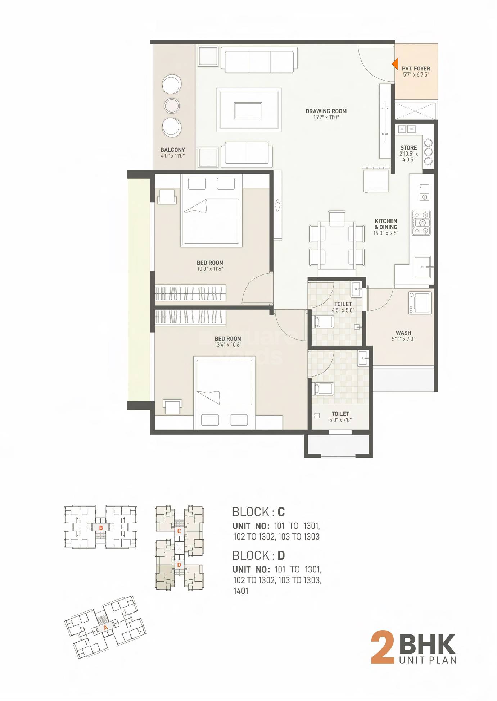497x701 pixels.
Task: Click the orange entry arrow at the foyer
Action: pyautogui.click(x=395, y=64)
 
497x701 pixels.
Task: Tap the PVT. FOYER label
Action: pyautogui.click(x=416, y=68)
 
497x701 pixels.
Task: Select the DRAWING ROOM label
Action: pyautogui.click(x=326, y=111)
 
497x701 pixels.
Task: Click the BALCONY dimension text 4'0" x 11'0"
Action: pyautogui.click(x=172, y=156)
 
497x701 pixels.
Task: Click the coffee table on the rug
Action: pyautogui.click(x=248, y=110)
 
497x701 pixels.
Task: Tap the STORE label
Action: pyautogui.click(x=408, y=147)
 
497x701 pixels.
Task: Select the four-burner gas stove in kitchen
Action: pyautogui.click(x=421, y=223)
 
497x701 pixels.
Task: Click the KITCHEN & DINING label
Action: pyautogui.click(x=386, y=224)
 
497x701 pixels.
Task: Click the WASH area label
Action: pyautogui.click(x=403, y=333)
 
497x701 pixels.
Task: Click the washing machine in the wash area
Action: pyautogui.click(x=420, y=303)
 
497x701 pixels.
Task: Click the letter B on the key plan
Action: pyautogui.click(x=101, y=528)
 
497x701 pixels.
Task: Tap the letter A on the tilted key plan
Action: pyautogui.click(x=105, y=628)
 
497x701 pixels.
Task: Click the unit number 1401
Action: pyautogui.click(x=241, y=591)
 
